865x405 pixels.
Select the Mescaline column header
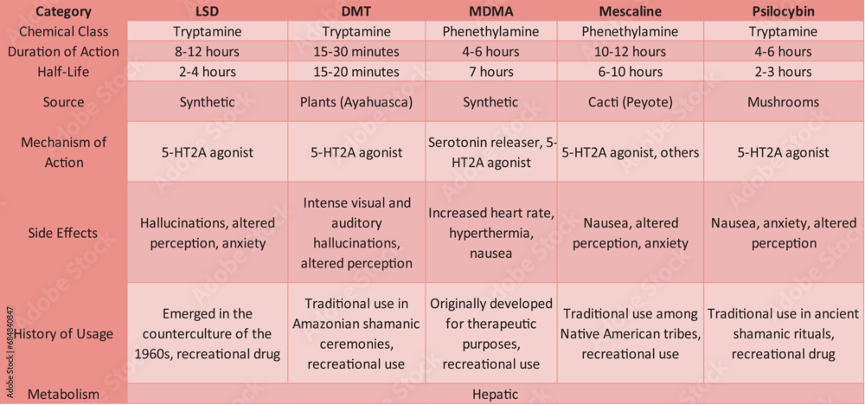pyautogui.click(x=631, y=11)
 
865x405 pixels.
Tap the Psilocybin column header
pyautogui.click(x=783, y=11)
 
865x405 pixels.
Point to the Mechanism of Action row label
pyautogui.click(x=64, y=152)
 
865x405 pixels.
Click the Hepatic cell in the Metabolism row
pyautogui.click(x=495, y=394)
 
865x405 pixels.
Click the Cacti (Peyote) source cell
pyautogui.click(x=631, y=102)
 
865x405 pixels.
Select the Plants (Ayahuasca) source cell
pyautogui.click(x=356, y=102)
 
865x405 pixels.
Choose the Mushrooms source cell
pyautogui.click(x=783, y=102)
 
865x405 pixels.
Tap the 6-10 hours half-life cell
pyautogui.click(x=631, y=72)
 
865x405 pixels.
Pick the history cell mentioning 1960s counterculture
pyautogui.click(x=208, y=334)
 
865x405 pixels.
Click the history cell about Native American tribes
pyautogui.click(x=631, y=334)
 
